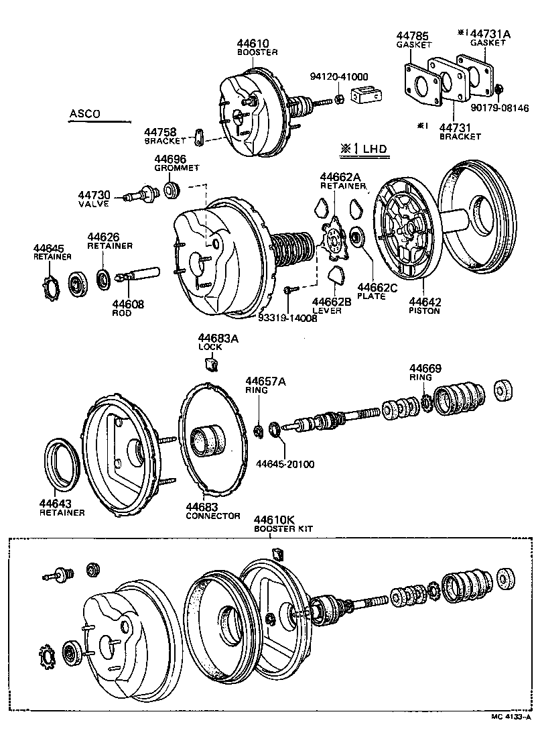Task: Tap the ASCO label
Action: pos(84,114)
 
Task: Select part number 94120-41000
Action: pos(338,77)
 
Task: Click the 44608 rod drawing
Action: pos(138,275)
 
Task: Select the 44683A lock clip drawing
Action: pos(212,364)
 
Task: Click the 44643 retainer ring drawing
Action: pos(63,463)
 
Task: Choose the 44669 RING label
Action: pos(425,372)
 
